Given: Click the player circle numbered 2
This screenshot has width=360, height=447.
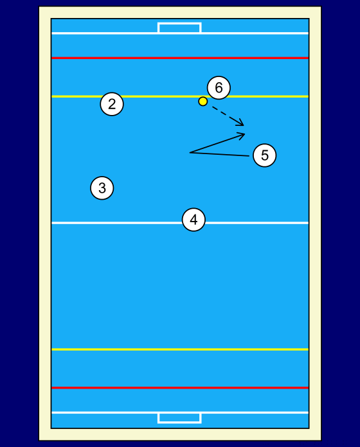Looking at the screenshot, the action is click(112, 104).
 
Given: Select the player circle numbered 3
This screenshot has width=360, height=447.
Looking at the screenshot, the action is click(102, 188).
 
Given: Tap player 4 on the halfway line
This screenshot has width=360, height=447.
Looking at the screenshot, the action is click(194, 220).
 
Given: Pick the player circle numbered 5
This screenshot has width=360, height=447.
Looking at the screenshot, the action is click(265, 155).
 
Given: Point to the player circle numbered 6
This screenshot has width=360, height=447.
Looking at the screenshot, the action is click(219, 87).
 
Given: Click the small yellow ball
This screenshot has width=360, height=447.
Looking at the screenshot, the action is click(203, 101).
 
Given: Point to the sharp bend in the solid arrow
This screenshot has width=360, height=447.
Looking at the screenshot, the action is click(190, 153).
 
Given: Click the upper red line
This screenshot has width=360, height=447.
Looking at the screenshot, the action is click(180, 58).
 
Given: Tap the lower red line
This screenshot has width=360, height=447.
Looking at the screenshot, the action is click(180, 388).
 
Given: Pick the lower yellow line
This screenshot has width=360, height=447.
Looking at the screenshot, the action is click(180, 349).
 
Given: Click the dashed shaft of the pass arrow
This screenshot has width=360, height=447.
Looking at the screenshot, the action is click(227, 116).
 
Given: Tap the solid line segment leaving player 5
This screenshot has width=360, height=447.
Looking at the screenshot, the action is click(220, 154).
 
